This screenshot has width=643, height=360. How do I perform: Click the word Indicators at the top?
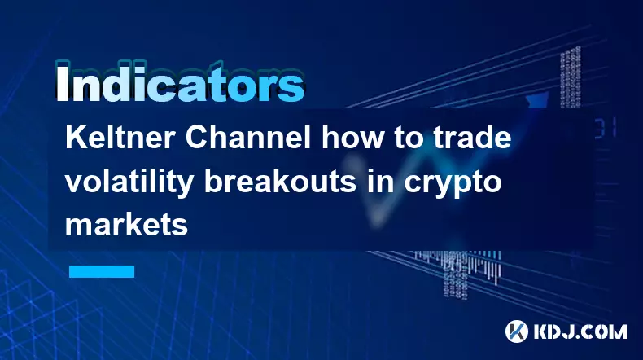click(180, 82)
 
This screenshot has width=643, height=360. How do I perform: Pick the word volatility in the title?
click(129, 182)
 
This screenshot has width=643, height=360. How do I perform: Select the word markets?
click(127, 225)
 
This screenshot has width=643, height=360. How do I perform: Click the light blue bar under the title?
click(102, 271)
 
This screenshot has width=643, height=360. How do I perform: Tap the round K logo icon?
click(517, 331)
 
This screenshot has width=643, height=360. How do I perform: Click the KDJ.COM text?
click(580, 331)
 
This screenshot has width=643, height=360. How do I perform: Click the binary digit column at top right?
click(571, 77)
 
